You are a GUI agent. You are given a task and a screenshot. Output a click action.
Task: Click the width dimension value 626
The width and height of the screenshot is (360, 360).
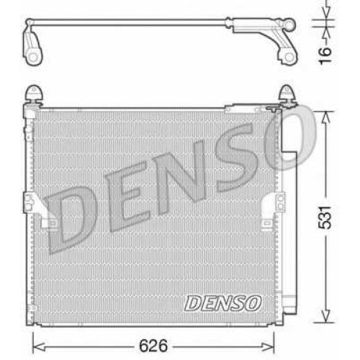point(153,346)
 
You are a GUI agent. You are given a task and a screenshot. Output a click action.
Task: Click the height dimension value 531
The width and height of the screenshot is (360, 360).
point(325,217)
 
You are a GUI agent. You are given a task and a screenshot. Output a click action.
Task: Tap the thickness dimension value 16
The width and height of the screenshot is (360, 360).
point(325,55)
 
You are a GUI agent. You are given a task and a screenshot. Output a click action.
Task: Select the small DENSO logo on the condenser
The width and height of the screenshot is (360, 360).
point(222,303)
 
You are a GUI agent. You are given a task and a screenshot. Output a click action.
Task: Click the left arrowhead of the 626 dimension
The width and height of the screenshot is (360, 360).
point(38,346)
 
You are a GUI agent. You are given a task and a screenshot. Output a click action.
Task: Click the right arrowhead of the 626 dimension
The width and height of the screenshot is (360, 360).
point(269,346)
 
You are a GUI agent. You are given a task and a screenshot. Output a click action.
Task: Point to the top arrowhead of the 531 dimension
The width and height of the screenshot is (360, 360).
point(325,117)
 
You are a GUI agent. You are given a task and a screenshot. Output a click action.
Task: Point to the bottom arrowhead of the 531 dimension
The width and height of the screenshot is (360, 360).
point(325,316)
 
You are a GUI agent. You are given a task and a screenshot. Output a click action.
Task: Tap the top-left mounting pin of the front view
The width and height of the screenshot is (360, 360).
point(34,94)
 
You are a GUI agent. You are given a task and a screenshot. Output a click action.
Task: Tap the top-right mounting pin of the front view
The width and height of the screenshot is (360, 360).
point(287,94)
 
